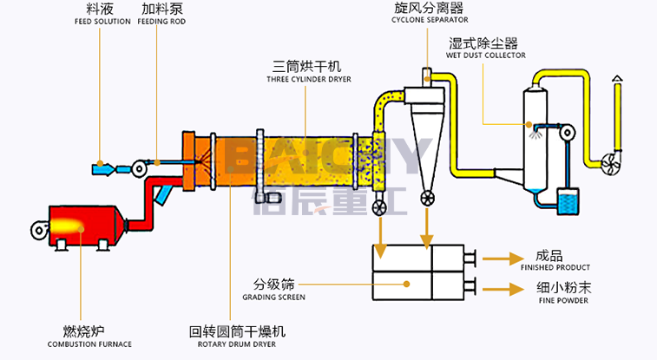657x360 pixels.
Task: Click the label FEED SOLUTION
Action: pos(102,22)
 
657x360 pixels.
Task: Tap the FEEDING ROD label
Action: pos(161,22)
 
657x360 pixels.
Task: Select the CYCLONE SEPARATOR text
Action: pos(430,20)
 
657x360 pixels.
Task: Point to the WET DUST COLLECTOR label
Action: pos(486,56)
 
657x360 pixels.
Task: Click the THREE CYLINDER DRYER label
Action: pos(309,79)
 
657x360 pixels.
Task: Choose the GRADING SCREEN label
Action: pos(274,298)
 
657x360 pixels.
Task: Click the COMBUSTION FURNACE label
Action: pos(89,344)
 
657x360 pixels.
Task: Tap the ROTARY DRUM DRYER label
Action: pos(237,344)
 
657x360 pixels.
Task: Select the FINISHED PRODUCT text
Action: pos(555,267)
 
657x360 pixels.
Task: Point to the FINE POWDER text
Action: pos(563,300)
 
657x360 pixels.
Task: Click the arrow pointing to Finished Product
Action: pos(503,259)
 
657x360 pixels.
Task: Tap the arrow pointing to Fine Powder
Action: pos(503,289)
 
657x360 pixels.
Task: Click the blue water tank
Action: pos(568,201)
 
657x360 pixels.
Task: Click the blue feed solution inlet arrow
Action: pos(103,169)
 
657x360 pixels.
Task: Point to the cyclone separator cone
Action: pos(427,147)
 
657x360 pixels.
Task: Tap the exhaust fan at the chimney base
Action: pos(610,163)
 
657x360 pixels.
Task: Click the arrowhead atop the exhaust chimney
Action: pos(617,78)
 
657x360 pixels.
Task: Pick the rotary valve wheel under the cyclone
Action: pos(427,198)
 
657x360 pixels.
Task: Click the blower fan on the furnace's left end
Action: pos(40,230)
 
